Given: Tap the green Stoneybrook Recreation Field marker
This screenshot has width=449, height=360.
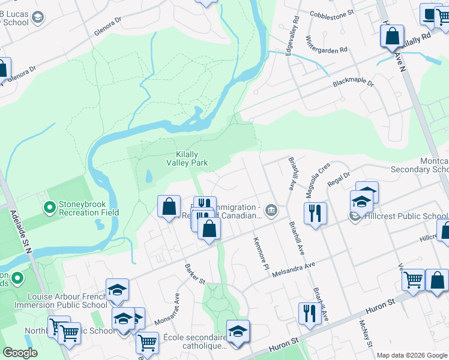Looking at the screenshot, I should [49, 208].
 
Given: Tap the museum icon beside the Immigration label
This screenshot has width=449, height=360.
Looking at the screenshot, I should [271, 210].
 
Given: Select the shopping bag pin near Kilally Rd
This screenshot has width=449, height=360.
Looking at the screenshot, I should [392, 35].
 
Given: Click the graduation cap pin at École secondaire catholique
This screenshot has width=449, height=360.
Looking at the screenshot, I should [238, 331].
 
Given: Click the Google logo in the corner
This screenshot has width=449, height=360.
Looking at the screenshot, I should [20, 353].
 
